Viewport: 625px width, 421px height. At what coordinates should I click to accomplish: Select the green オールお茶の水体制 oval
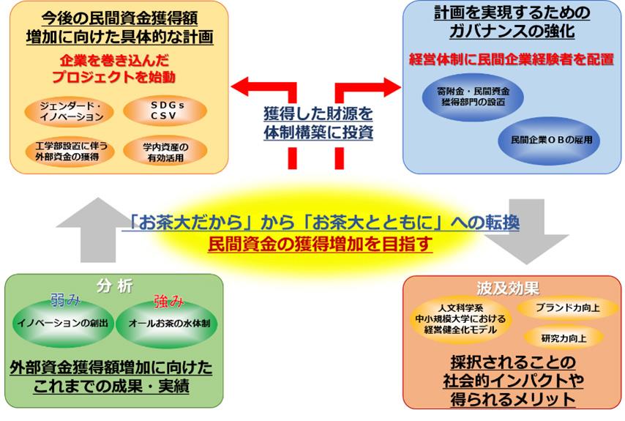162,322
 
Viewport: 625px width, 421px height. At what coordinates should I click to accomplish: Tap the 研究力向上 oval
564,338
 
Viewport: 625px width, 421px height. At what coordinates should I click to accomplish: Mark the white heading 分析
111,284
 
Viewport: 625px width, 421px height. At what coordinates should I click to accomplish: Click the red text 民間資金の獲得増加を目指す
320,243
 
